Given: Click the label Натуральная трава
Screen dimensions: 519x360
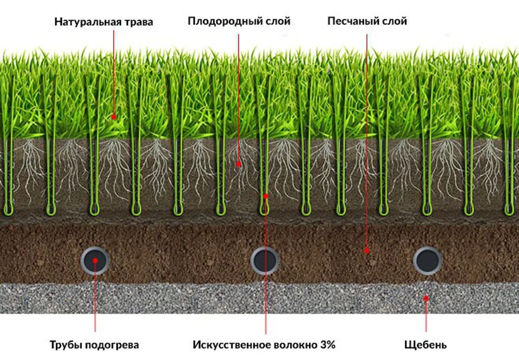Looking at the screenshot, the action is [x=104, y=22].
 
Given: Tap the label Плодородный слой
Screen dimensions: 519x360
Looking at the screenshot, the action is [x=239, y=21].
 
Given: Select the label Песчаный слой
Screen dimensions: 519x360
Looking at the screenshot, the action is [x=367, y=21].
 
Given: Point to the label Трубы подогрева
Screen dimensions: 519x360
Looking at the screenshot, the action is [x=94, y=344].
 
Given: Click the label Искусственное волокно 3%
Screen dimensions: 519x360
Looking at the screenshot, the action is [x=264, y=344].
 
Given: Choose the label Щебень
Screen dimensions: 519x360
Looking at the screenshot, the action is [x=426, y=344].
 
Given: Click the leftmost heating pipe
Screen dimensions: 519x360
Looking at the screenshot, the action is [x=95, y=260].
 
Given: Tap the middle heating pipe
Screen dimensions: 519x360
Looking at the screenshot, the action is [x=265, y=260].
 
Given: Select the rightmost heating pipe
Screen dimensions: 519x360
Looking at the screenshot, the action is [x=427, y=260].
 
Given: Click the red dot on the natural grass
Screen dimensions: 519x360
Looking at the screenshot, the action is [x=114, y=117].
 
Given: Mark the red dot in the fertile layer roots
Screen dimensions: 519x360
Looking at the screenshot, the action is [x=238, y=164].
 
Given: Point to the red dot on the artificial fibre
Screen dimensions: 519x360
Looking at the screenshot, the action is [x=265, y=196].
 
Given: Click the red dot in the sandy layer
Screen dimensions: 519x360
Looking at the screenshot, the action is [x=366, y=250].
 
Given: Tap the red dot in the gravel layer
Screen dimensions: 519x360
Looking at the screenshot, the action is [x=426, y=298].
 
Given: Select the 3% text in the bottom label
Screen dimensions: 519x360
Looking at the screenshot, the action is [x=327, y=344].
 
